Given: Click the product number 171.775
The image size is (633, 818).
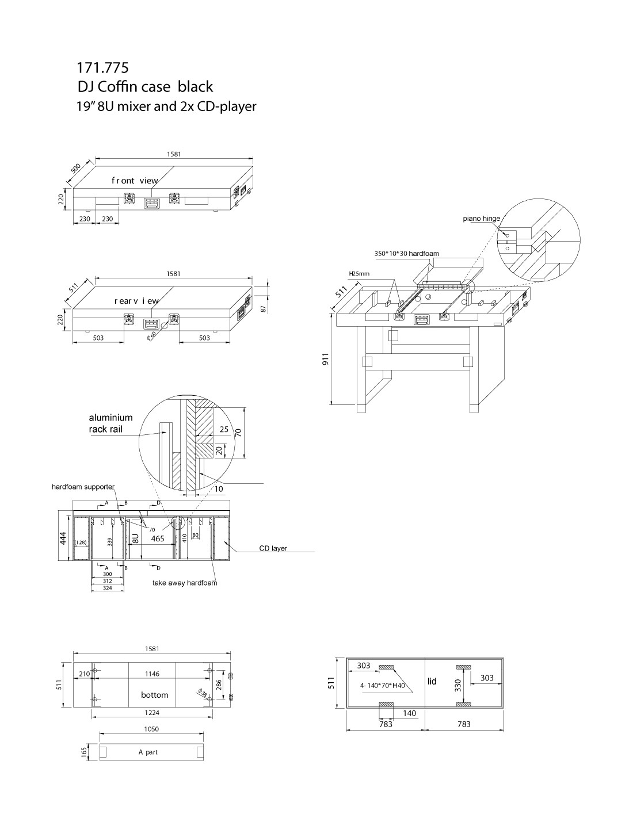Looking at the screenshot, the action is click(102, 68).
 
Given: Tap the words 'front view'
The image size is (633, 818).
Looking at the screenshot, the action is click(135, 181).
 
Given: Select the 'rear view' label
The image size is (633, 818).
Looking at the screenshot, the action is click(136, 301).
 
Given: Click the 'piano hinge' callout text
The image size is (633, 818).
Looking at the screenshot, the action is click(481, 219).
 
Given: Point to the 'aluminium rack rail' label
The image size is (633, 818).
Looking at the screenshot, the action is click(110, 423).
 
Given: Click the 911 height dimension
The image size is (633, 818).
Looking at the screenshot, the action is click(326, 359).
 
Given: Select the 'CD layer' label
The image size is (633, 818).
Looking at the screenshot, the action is click(273, 548).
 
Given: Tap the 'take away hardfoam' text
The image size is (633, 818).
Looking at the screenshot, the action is click(185, 583).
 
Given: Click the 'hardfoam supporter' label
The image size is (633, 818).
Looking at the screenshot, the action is click(83, 487).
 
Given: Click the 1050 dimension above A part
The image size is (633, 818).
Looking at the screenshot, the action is click(151, 729).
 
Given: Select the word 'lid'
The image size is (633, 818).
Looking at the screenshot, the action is click(432, 681).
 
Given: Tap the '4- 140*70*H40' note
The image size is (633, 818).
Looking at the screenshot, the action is click(383, 686).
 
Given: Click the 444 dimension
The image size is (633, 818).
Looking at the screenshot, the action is click(63, 538).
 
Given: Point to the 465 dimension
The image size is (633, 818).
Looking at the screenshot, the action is click(158, 538).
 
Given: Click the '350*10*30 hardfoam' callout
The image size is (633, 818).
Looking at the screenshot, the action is click(407, 254).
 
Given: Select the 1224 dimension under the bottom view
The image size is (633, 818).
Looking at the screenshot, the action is click(152, 713).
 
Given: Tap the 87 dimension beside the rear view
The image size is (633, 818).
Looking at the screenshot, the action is click(264, 308).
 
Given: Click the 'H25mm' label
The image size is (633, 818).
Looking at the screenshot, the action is click(359, 274).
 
